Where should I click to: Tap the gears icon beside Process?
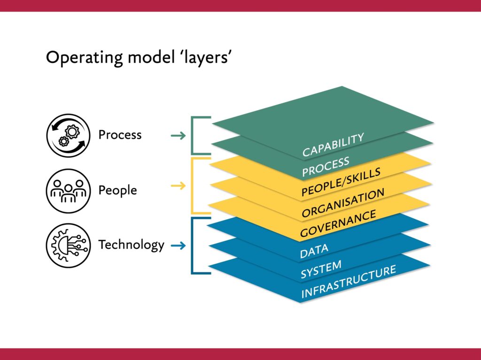(x=68, y=135)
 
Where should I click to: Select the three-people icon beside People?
(x=68, y=191)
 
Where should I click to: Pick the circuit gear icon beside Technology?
(x=68, y=245)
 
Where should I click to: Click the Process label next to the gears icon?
(x=120, y=135)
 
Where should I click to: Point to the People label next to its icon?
(x=117, y=191)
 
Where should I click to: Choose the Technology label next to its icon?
(x=131, y=245)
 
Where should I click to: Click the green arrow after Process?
(x=178, y=136)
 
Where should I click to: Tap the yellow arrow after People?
(x=178, y=186)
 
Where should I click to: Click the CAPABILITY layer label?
(x=333, y=145)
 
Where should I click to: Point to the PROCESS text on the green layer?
(x=326, y=167)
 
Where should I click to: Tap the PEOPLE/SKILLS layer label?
(x=341, y=182)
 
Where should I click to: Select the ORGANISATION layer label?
(x=343, y=203)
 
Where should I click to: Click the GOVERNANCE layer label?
(x=338, y=223)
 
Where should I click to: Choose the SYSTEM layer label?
(x=321, y=269)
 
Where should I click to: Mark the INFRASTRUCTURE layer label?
(x=348, y=282)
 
